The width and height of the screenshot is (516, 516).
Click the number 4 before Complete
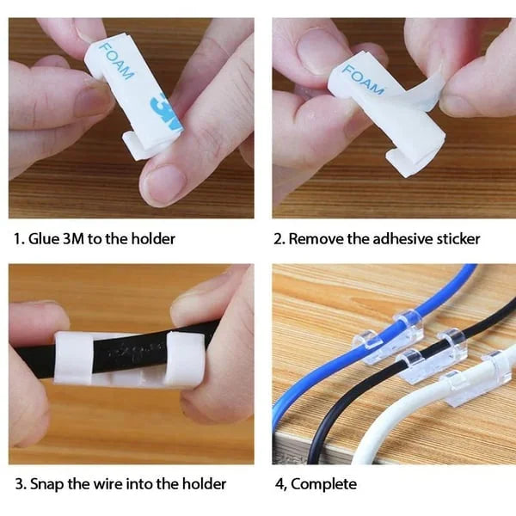[x=278, y=484]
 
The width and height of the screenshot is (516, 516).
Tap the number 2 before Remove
[x=278, y=238]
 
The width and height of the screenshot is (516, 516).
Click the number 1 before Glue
[x=15, y=238]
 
